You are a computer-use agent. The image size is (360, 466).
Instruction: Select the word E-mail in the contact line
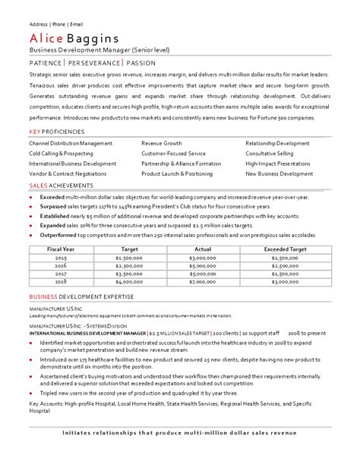tap(74, 23)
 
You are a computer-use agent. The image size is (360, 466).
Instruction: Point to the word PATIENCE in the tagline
tap(46, 62)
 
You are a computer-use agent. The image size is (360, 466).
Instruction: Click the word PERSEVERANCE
tap(94, 62)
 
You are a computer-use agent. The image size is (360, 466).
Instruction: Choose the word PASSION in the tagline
tap(141, 62)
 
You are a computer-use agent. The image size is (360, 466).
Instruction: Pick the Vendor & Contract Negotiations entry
tap(68, 173)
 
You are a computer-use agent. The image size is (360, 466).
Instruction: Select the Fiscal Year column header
tap(61, 249)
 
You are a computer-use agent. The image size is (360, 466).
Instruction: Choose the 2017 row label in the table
tap(61, 273)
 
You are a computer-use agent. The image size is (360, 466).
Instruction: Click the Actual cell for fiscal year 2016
tap(202, 265)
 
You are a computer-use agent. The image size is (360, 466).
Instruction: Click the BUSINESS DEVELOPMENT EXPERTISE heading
tap(81, 296)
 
